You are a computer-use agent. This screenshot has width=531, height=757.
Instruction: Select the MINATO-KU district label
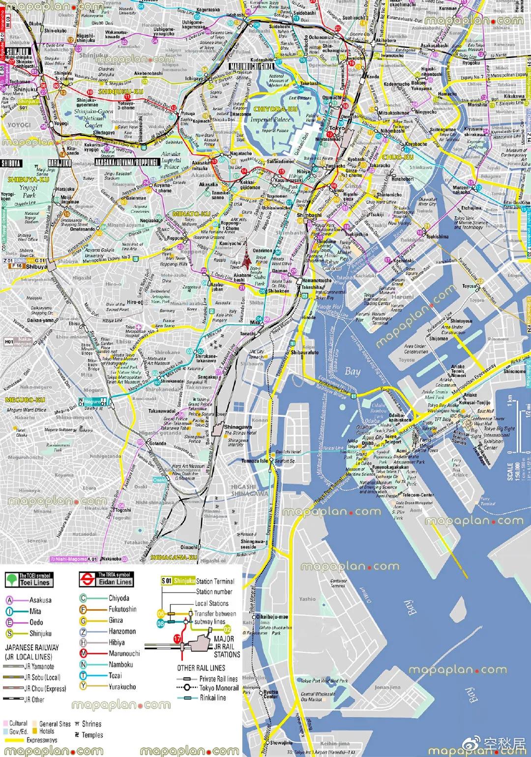pos(191,214)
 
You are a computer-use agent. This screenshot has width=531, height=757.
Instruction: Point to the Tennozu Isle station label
pos(255,461)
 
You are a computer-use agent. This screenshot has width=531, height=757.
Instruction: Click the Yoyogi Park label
pos(28,191)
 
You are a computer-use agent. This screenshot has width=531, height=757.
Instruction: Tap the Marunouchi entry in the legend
pos(124,653)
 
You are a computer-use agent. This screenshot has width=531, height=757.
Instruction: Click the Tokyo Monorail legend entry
pos(218,688)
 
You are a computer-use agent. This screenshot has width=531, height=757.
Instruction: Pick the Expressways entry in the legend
pos(42,740)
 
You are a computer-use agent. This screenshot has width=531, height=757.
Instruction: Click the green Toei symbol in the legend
pos(11,580)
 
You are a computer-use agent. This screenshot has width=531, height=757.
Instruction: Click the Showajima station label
pos(281,743)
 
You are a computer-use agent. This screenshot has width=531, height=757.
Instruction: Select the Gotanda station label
pos(157,443)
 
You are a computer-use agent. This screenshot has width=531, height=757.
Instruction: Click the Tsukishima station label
pos(437,236)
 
